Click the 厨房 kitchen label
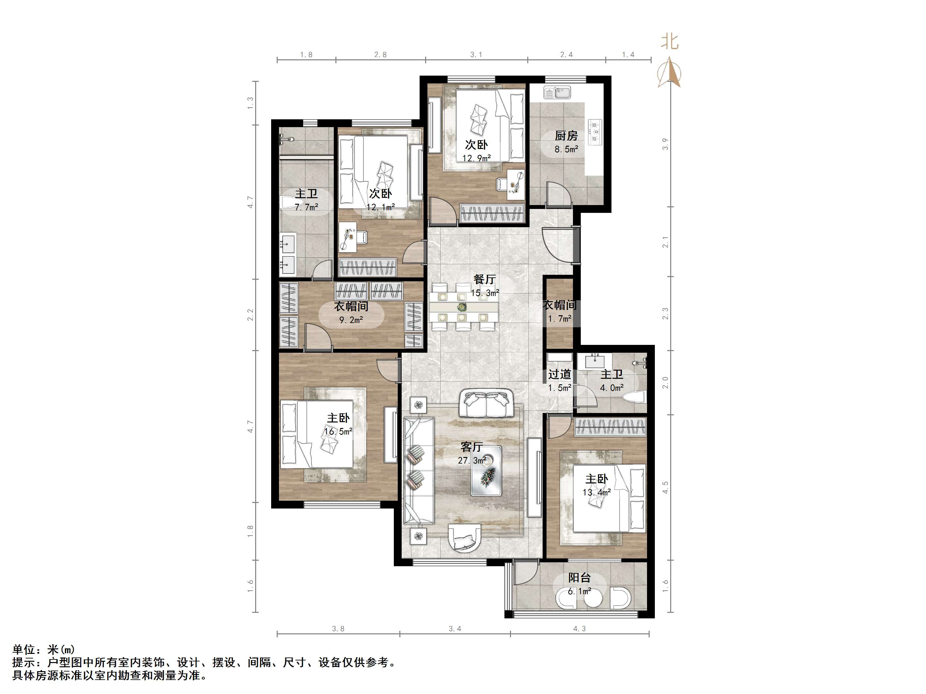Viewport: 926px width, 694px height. (x=566, y=136)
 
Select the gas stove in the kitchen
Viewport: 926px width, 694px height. (x=594, y=132)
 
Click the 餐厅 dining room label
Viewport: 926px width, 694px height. (x=485, y=279)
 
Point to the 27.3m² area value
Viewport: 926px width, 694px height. (x=472, y=461)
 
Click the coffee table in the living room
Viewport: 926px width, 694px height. (x=486, y=471)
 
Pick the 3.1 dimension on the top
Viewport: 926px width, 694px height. (x=476, y=54)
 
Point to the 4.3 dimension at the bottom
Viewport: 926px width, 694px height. (x=579, y=629)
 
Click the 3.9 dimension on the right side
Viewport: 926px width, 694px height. (x=665, y=144)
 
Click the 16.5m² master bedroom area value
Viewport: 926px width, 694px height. (x=338, y=431)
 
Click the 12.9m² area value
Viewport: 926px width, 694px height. (x=476, y=158)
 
